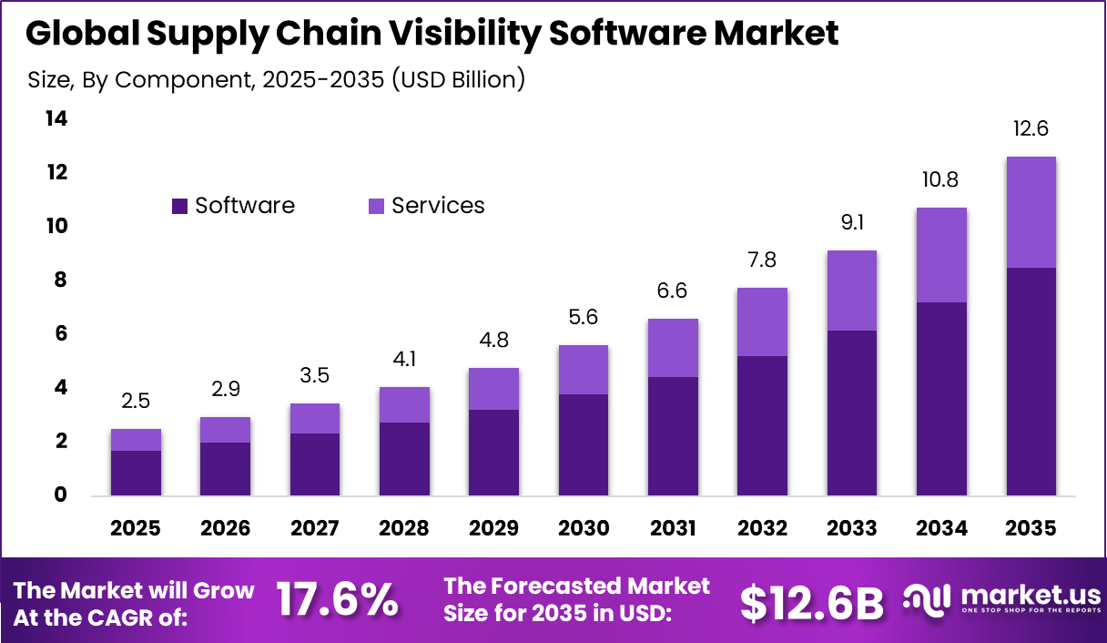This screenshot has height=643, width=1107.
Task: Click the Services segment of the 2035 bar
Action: pyautogui.click(x=1031, y=212)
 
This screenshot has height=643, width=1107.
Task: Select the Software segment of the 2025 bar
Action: pyautogui.click(x=136, y=473)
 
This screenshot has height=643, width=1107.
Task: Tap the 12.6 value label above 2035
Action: pyautogui.click(x=1031, y=128)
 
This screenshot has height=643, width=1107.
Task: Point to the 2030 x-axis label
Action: pyautogui.click(x=583, y=529)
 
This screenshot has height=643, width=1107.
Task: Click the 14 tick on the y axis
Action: pyautogui.click(x=56, y=119)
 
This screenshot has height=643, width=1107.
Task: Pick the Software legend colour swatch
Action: pyautogui.click(x=180, y=207)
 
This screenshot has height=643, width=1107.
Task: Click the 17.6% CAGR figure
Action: pyautogui.click(x=337, y=600)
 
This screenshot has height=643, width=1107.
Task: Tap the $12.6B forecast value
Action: pyautogui.click(x=811, y=602)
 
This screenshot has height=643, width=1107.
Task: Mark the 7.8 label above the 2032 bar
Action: pyautogui.click(x=762, y=260)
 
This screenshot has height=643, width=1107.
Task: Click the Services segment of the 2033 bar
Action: pyautogui.click(x=851, y=290)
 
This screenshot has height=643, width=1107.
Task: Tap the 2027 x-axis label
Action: pyautogui.click(x=314, y=529)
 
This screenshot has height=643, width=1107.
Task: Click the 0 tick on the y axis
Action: pyautogui.click(x=61, y=495)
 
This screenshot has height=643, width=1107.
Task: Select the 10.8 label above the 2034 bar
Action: pyautogui.click(x=941, y=180)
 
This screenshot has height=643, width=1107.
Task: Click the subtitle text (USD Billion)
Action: pyautogui.click(x=458, y=79)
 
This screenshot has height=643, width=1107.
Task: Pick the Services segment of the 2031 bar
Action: pyautogui.click(x=673, y=347)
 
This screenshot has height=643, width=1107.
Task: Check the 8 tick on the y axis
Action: pyautogui.click(x=61, y=281)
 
